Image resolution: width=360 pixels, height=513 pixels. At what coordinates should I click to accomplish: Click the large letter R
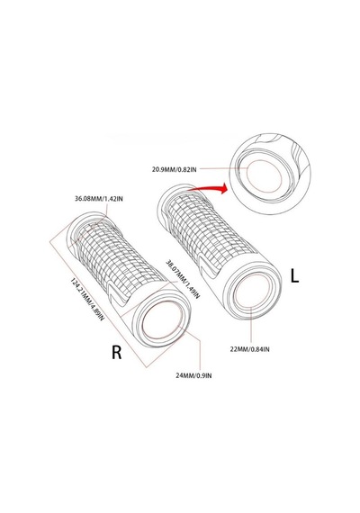pyautogui.click(x=116, y=353)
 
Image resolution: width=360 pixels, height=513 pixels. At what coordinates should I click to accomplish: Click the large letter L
pyautogui.click(x=295, y=275)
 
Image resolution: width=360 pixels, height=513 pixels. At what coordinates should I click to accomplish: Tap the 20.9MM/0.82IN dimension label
pyautogui.click(x=174, y=169)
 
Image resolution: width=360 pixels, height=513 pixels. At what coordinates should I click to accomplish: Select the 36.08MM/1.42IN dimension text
pyautogui.click(x=99, y=199)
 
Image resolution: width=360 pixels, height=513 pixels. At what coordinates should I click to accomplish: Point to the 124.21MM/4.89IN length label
pyautogui.click(x=87, y=300)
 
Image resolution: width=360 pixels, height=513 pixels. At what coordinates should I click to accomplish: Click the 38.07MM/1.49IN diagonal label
pyautogui.click(x=183, y=279)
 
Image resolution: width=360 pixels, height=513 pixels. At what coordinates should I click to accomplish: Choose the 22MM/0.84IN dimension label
pyautogui.click(x=249, y=349)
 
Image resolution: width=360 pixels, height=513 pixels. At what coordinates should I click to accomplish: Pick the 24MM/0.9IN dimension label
pyautogui.click(x=193, y=375)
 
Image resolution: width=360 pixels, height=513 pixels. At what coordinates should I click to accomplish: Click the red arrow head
pyautogui.click(x=223, y=188)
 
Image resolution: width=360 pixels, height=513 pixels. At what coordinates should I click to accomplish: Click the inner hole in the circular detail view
pyautogui.click(x=264, y=175)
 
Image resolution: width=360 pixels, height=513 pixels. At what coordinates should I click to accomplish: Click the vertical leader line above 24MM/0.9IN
pyautogui.click(x=200, y=354)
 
